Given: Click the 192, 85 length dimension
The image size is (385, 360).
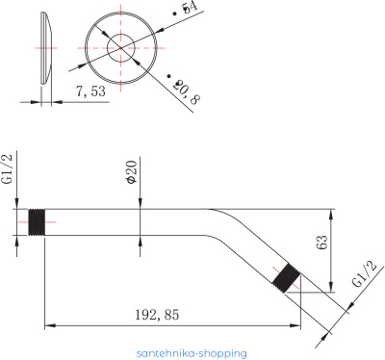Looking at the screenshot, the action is point(157,315).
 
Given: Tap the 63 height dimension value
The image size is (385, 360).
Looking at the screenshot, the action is point(322,243).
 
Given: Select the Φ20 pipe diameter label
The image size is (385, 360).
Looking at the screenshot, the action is point(132,171).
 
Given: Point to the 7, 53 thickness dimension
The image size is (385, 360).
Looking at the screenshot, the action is point(90,91).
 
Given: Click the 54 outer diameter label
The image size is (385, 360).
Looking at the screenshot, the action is point(187,9).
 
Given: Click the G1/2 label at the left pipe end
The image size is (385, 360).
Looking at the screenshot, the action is point(8,168).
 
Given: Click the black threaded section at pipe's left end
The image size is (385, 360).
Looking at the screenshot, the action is point(37,222).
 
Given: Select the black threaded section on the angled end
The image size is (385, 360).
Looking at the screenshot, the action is point(287,278).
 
